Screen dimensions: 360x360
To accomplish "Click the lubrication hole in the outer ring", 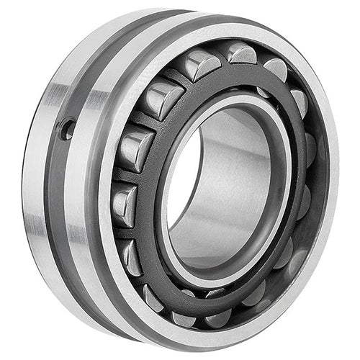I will [67, 130].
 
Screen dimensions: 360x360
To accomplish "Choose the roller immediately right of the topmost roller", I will [276, 68].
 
